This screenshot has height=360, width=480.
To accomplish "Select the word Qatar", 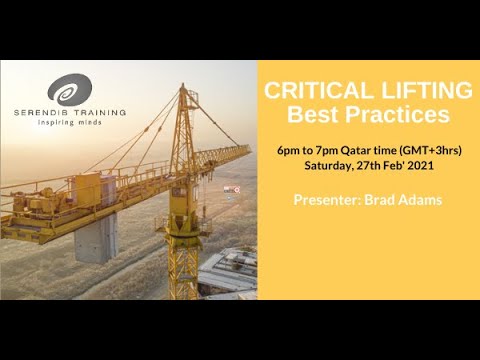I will coord(364,149).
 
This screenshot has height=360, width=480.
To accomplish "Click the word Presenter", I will coord(329,199).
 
